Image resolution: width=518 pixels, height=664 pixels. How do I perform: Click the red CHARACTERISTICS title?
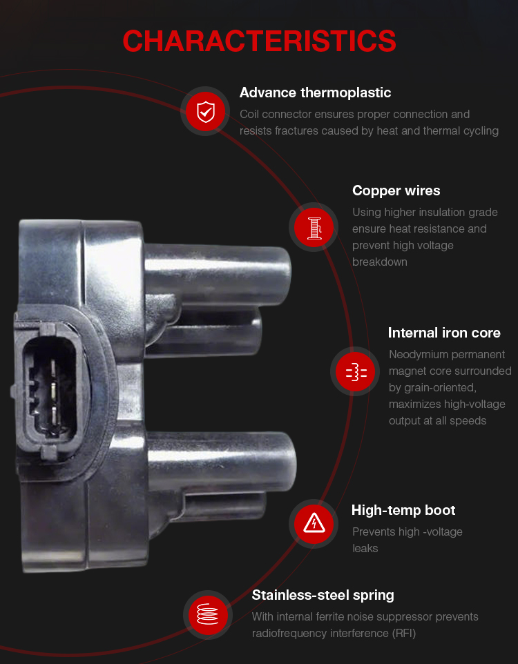tap(259, 41)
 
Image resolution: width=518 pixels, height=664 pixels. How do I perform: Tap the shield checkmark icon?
tap(206, 111)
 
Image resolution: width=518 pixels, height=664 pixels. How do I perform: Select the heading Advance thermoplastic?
tap(315, 92)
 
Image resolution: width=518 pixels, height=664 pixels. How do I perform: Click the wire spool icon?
tap(314, 227)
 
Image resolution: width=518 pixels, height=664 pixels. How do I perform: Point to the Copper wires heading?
tap(396, 191)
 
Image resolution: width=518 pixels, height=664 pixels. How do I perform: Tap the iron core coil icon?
tap(356, 371)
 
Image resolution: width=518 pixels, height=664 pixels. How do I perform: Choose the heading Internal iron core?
tap(444, 333)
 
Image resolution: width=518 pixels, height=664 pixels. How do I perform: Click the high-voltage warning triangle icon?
tap(314, 524)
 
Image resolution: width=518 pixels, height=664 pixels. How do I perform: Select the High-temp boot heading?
tap(403, 510)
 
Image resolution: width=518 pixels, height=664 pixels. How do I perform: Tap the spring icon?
tap(208, 615)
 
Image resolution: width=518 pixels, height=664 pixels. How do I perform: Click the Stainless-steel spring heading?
tap(323, 595)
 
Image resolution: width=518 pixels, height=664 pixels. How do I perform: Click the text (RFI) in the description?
tap(404, 633)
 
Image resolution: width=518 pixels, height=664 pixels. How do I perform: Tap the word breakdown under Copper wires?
tap(379, 262)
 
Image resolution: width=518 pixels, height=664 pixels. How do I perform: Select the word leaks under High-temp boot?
tap(365, 549)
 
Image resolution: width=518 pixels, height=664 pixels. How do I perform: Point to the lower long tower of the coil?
tap(221, 460)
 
